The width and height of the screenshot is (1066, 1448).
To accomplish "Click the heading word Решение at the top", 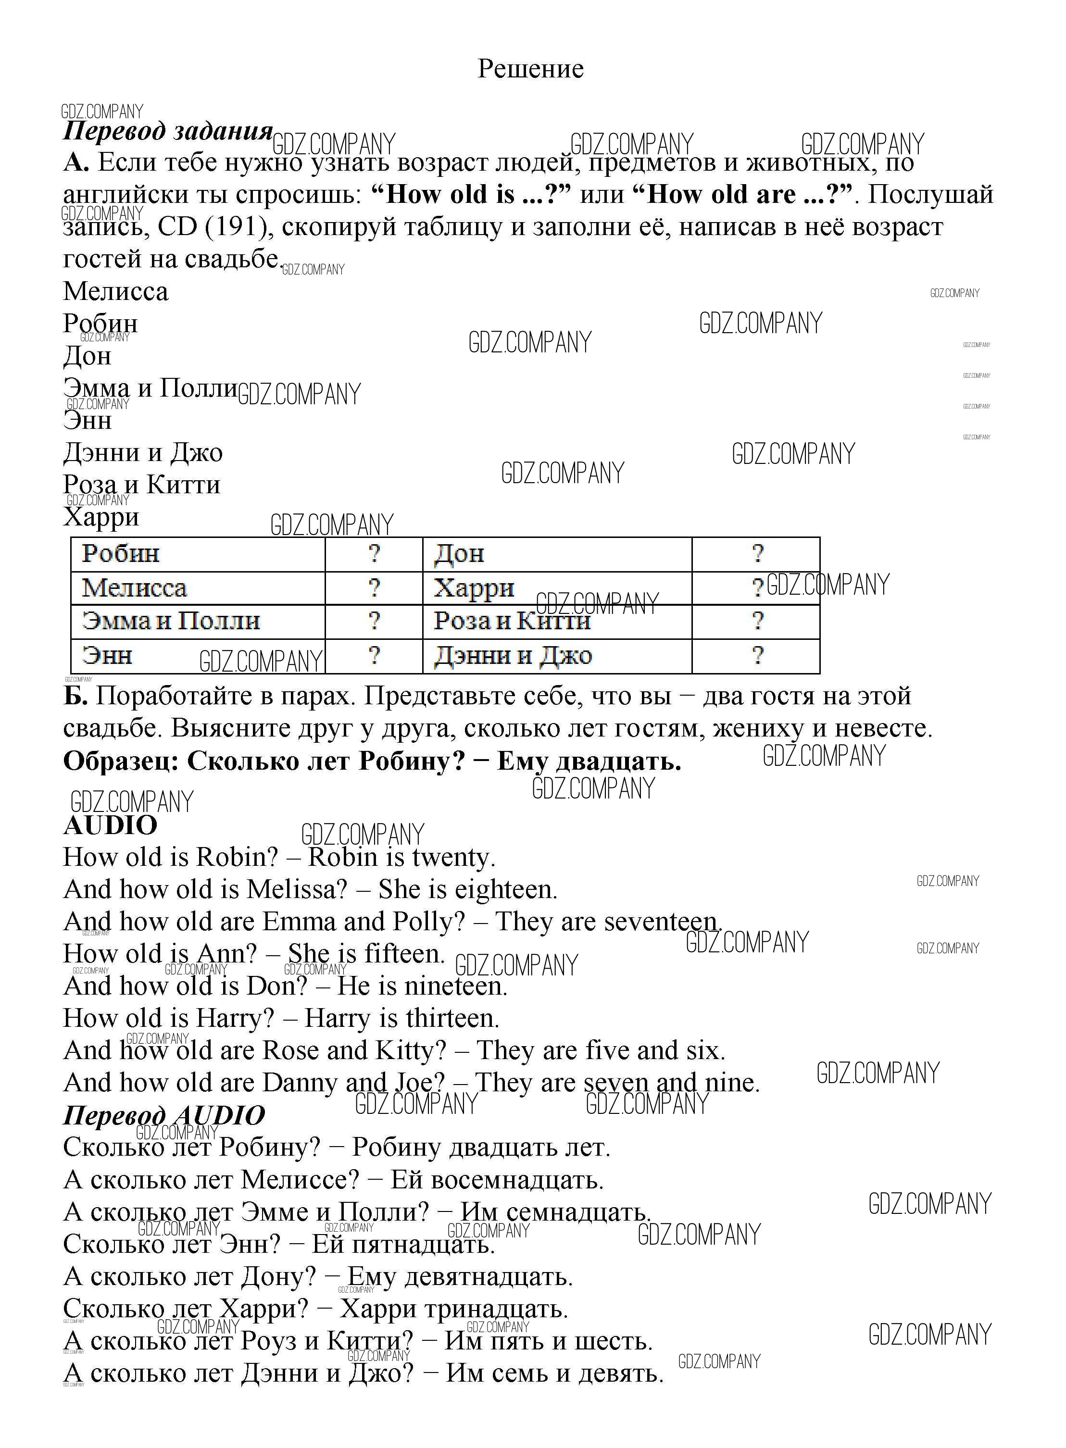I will click(x=530, y=68).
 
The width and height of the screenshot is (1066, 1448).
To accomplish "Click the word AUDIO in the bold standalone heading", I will click(x=110, y=825).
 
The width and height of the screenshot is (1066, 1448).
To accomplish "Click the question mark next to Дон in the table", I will click(x=757, y=553).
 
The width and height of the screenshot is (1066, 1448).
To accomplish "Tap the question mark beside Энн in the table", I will click(x=374, y=655).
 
